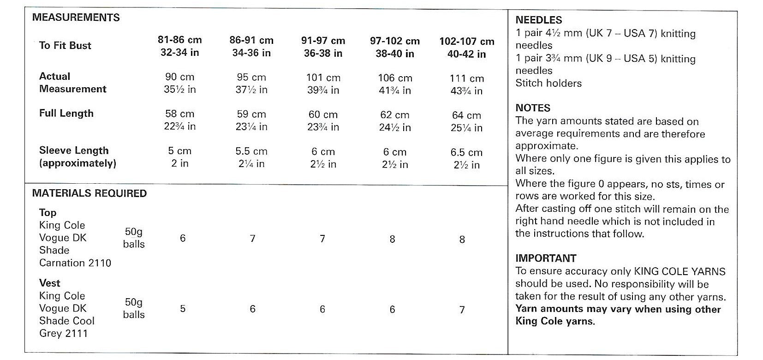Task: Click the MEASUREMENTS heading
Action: (76, 18)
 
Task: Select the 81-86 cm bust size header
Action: (180, 46)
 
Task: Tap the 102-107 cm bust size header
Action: (466, 48)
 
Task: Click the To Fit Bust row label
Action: (65, 45)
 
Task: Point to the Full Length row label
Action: (66, 114)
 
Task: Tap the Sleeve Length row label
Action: (74, 151)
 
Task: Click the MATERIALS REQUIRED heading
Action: (89, 193)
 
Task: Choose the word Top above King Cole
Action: (48, 213)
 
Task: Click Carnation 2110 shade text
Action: (75, 263)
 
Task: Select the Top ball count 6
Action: (183, 238)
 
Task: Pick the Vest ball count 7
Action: (462, 310)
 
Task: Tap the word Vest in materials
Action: (50, 283)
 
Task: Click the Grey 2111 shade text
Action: (63, 333)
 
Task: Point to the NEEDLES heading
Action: (538, 20)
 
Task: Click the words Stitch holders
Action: (548, 84)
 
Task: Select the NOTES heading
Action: (533, 108)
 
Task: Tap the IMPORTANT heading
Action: (545, 258)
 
